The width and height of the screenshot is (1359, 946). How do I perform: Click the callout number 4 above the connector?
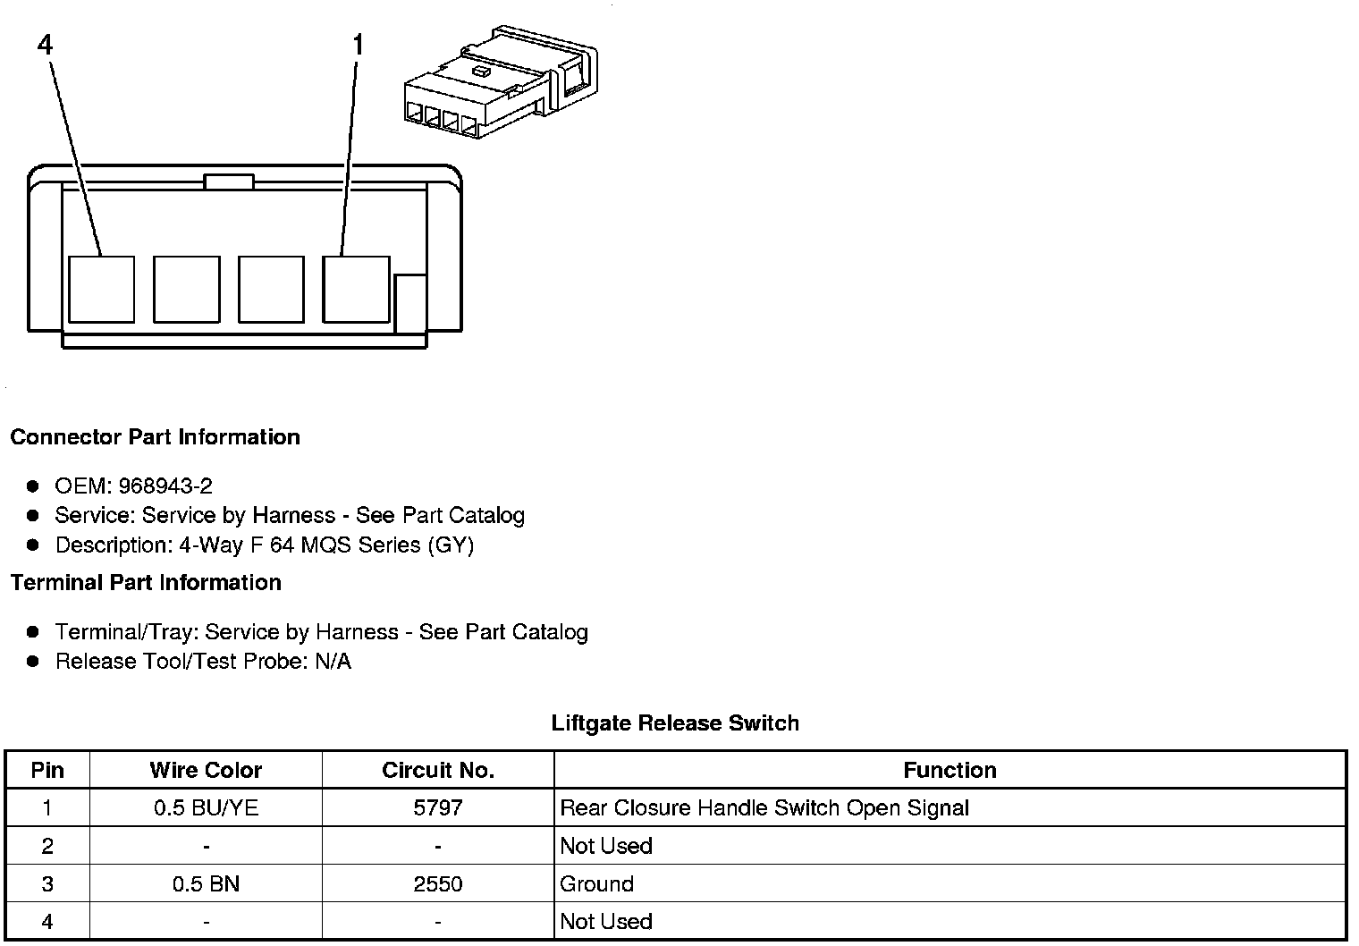click(46, 45)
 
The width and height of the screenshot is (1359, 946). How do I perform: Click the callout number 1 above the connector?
click(359, 45)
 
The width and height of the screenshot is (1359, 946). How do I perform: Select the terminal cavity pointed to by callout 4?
click(101, 289)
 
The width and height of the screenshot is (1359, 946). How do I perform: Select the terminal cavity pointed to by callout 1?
click(356, 289)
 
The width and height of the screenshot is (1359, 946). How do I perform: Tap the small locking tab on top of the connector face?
click(229, 182)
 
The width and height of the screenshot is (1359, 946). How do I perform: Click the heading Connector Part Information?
click(155, 437)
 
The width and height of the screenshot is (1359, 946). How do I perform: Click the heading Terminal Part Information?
click(146, 583)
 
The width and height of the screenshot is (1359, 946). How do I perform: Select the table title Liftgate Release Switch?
click(675, 723)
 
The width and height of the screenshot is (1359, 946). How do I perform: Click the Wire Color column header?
click(206, 770)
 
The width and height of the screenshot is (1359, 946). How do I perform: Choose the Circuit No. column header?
click(437, 770)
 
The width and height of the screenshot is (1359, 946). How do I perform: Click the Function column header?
click(950, 770)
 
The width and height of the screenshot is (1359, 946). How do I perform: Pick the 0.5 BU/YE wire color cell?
click(206, 808)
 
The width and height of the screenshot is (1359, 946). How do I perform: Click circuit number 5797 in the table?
click(437, 808)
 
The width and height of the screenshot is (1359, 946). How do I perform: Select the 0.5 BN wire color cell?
click(206, 884)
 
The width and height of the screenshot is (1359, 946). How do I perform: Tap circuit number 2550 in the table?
click(437, 884)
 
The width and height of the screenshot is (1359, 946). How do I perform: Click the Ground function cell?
click(596, 884)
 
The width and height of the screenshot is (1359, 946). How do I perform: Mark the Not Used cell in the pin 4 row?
click(606, 922)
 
